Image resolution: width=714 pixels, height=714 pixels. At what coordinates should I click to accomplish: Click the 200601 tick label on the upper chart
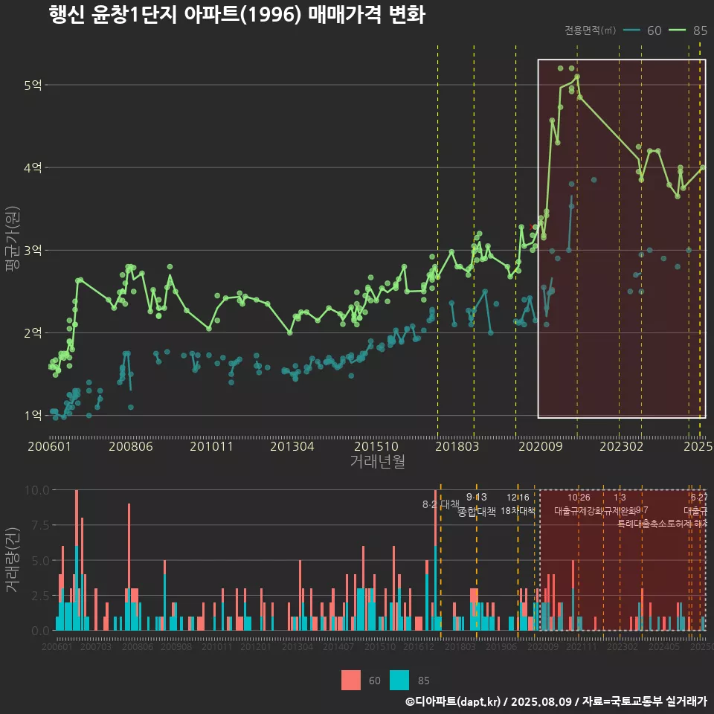(49, 446)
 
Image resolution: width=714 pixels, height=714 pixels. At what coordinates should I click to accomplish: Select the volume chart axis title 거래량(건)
(12, 559)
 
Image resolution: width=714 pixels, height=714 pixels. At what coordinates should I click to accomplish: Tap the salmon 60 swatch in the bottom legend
(351, 680)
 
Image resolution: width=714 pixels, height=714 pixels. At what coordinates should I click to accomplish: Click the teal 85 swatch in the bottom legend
(399, 680)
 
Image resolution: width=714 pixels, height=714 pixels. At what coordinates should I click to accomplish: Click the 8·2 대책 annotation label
(440, 504)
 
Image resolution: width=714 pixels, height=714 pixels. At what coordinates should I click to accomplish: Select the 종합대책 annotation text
(476, 511)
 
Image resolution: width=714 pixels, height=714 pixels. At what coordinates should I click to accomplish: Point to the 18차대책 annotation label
(518, 511)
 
